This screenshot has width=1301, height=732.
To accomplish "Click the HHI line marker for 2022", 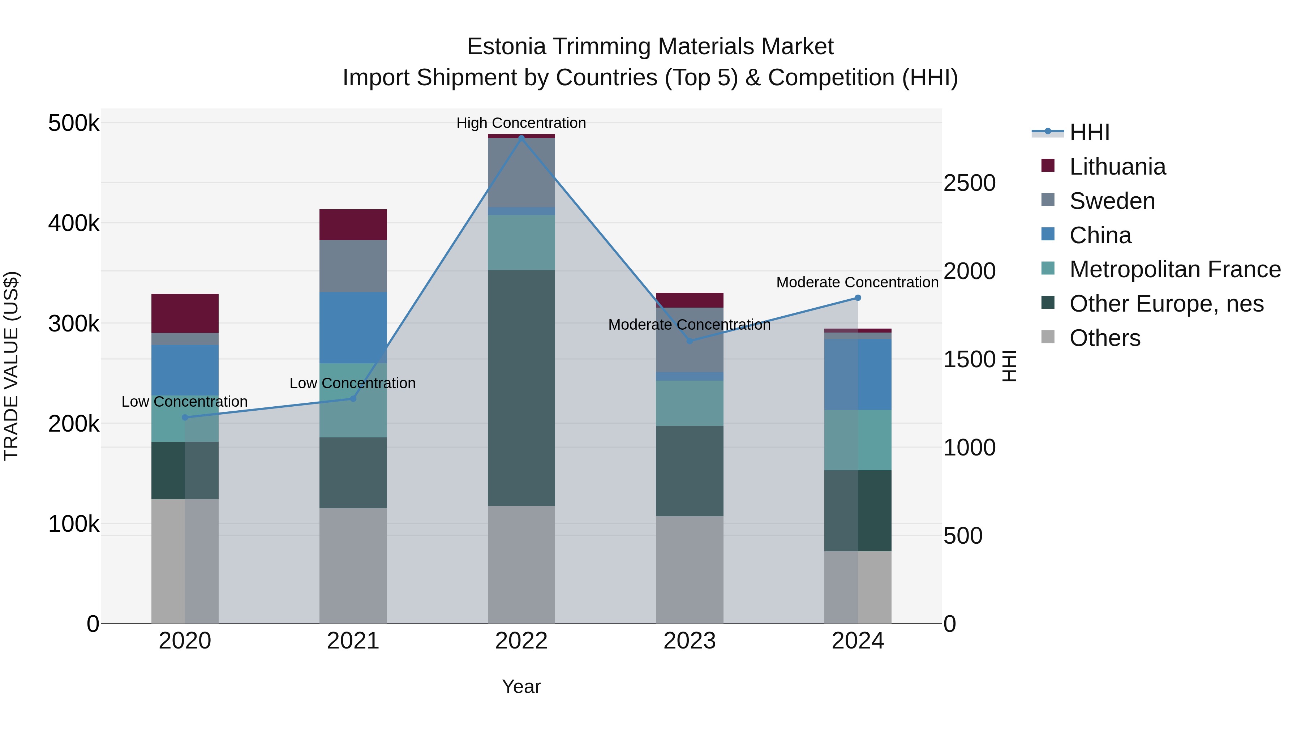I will [x=521, y=137].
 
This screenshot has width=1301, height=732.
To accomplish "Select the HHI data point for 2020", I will [x=185, y=417].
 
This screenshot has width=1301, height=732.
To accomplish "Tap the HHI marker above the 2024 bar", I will [x=858, y=298].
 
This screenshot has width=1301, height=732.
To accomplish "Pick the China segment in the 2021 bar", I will [x=353, y=328].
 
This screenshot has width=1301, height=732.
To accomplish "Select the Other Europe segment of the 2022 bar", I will [x=521, y=388].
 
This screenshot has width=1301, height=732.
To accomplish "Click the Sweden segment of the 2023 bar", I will [x=690, y=339].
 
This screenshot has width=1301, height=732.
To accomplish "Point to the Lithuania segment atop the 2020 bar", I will [x=185, y=313].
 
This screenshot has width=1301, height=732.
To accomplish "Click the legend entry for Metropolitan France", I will [x=1175, y=269].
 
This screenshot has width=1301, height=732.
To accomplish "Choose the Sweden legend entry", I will [x=1112, y=201].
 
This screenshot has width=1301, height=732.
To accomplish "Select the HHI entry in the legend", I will [x=1089, y=132].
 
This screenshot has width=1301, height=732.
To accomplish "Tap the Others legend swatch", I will [x=1048, y=338].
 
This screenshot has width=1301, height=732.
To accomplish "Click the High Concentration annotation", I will [x=521, y=123].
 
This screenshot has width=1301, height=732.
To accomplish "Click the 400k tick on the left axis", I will [x=74, y=223].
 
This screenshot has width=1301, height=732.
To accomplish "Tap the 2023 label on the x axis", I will [x=690, y=641].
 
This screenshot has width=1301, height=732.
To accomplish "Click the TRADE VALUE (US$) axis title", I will [x=11, y=366].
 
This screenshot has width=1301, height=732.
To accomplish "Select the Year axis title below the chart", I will [x=521, y=686].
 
